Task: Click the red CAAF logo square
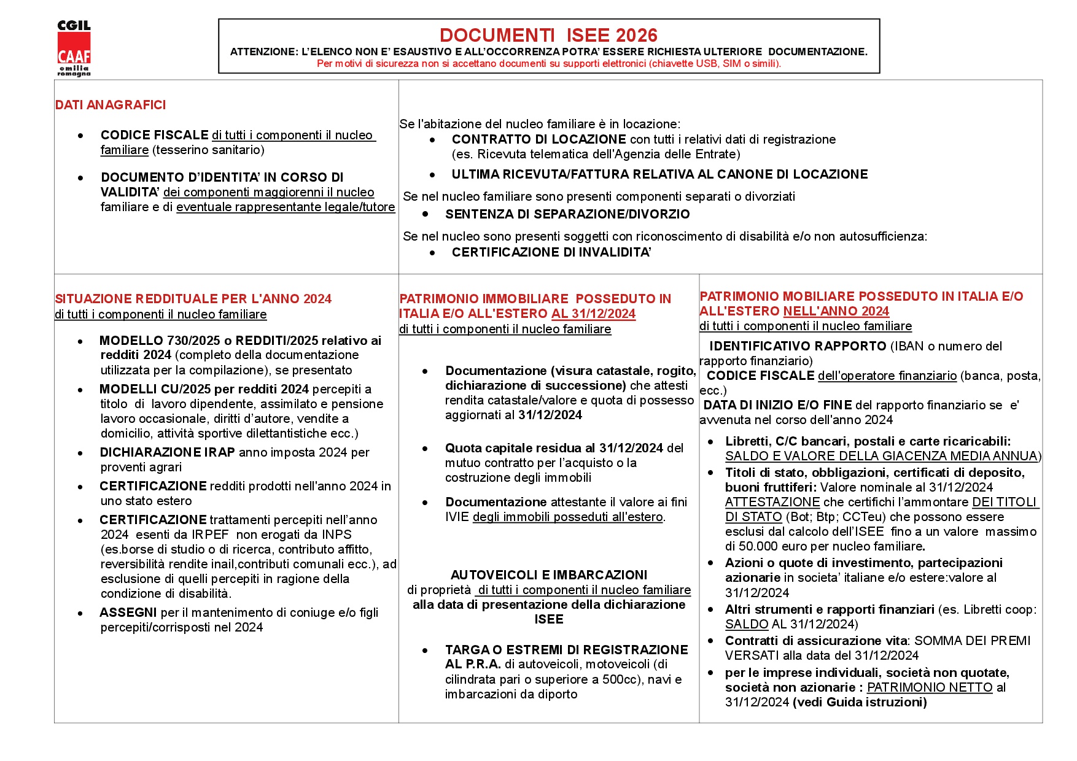coord(74,48)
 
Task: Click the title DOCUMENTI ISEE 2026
coord(548,35)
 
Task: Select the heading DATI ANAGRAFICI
coord(111,105)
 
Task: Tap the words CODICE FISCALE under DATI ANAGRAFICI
coord(155,135)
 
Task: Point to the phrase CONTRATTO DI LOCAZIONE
coord(538,139)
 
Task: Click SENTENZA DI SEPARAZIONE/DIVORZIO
coord(567,214)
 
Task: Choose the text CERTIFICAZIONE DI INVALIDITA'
coord(551,252)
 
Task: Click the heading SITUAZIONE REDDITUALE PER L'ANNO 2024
coord(193,299)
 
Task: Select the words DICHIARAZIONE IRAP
coord(168,452)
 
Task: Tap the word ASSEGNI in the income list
coord(128,612)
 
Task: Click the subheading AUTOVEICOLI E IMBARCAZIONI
coord(549,575)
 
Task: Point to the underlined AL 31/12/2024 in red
coord(593,314)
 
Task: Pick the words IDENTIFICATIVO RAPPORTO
coord(798,346)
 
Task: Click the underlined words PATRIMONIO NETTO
coord(930,687)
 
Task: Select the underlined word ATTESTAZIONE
coord(772,502)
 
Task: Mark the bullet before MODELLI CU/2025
coord(80,390)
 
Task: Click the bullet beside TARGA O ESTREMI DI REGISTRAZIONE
coord(425,650)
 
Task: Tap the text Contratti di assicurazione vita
coord(816,641)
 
